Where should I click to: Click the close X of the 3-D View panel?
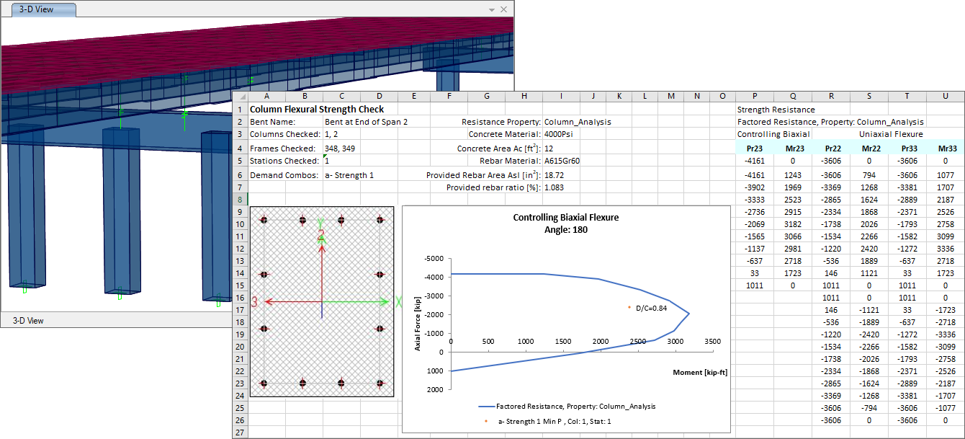[503, 10]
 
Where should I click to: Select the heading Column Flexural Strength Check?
[316, 110]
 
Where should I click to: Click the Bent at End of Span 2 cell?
[366, 122]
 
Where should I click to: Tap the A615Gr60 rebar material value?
[562, 161]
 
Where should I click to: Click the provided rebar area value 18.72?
[556, 175]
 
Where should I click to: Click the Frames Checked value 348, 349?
[340, 148]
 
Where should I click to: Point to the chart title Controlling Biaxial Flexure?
[565, 217]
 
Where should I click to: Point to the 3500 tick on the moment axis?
[712, 341]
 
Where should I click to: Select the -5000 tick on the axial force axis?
[435, 258]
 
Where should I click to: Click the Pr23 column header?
[755, 148]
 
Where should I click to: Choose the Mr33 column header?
[946, 148]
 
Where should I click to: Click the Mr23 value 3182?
[793, 224]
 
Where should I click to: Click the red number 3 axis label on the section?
[255, 303]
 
